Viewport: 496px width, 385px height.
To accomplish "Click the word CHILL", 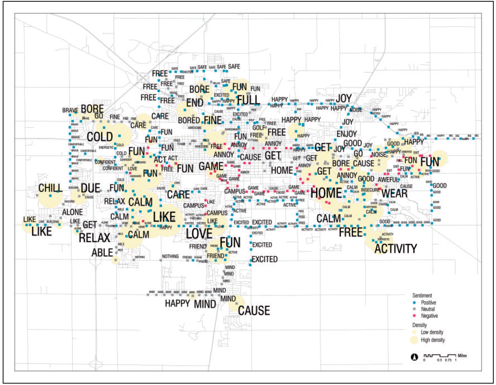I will [x=50, y=188].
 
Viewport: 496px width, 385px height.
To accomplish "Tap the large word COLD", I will [x=100, y=137].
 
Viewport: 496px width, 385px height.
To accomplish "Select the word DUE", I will [x=91, y=189].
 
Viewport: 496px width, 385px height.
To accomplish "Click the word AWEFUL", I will [x=389, y=180].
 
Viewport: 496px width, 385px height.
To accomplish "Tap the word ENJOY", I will [x=346, y=134].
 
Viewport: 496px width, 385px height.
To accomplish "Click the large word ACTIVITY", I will [x=396, y=248].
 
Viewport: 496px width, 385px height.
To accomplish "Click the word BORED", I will [x=189, y=120].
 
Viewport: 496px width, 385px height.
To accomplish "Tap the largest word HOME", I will [x=326, y=193].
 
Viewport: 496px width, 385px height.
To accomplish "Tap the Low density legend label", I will [x=433, y=332].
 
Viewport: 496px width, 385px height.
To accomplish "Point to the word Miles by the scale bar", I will [x=461, y=355].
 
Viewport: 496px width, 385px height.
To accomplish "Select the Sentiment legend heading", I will [x=422, y=295].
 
